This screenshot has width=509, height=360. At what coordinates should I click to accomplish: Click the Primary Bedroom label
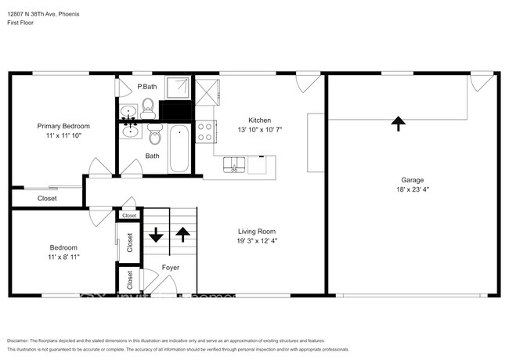click(x=63, y=126)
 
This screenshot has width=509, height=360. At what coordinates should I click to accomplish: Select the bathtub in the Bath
click(x=178, y=149)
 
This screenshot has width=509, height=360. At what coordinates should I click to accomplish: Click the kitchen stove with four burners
click(x=205, y=131)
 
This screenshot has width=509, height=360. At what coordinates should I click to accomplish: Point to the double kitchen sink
click(x=234, y=164)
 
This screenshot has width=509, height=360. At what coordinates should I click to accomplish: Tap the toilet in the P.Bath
click(x=149, y=106)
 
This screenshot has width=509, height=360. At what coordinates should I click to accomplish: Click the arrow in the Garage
click(x=398, y=122)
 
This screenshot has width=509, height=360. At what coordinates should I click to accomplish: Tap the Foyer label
click(x=170, y=268)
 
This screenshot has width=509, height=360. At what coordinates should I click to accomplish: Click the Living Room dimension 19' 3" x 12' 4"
click(x=258, y=241)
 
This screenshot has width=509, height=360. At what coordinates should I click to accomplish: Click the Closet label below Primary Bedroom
click(x=47, y=199)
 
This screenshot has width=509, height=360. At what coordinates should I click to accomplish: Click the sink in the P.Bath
click(x=128, y=112)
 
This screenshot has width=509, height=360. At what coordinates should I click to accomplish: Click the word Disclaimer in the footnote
click(x=18, y=340)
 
